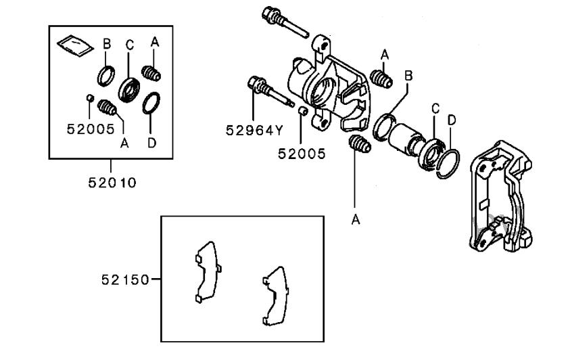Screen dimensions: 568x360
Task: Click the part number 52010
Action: (112, 182)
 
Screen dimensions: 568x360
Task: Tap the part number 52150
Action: (125, 279)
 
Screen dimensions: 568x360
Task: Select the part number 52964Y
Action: (254, 130)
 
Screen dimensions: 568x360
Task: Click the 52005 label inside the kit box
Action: (91, 129)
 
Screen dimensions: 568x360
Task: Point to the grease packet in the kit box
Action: (75, 45)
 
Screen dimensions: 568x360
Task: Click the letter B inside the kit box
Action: (107, 44)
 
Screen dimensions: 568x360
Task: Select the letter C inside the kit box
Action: (129, 45)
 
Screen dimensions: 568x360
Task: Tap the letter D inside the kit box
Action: (151, 143)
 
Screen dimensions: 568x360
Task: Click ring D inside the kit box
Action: (151, 103)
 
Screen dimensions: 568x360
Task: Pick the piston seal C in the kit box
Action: (129, 90)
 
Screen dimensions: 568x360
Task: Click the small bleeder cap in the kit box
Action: (91, 97)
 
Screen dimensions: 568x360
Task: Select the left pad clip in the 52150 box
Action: (208, 271)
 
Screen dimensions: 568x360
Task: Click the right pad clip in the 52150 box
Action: (276, 296)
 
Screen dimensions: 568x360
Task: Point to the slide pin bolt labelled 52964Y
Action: (270, 92)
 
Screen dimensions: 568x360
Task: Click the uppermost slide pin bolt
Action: (285, 22)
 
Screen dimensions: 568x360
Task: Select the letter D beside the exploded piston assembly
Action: (452, 120)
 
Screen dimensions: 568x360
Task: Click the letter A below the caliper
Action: (356, 219)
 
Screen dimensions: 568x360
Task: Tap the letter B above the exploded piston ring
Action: (408, 76)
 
